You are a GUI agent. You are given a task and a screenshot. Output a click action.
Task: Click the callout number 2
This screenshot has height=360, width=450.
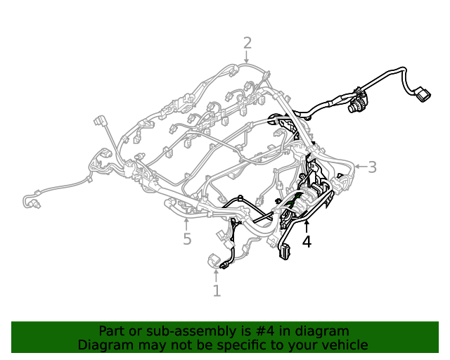click(x=247, y=42)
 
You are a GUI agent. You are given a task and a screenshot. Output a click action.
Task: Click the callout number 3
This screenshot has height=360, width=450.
click(x=372, y=167)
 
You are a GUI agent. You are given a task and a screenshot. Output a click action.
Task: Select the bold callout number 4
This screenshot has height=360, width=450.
click(x=307, y=242)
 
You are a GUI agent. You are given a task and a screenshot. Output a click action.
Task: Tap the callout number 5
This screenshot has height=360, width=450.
click(x=186, y=240)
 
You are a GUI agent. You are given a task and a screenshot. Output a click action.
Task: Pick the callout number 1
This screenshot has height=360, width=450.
click(x=217, y=290)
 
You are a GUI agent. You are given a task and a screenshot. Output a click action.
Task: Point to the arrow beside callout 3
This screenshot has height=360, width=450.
click(x=358, y=167)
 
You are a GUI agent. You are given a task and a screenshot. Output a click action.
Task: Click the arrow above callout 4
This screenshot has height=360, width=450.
click(x=307, y=226)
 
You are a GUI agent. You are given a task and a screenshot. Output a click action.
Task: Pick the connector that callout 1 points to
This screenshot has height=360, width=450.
click(x=214, y=262)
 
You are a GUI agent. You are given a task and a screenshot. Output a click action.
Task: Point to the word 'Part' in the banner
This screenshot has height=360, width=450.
click(x=112, y=331)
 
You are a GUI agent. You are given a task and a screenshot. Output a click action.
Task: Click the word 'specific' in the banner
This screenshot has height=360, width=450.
click(x=245, y=345)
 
